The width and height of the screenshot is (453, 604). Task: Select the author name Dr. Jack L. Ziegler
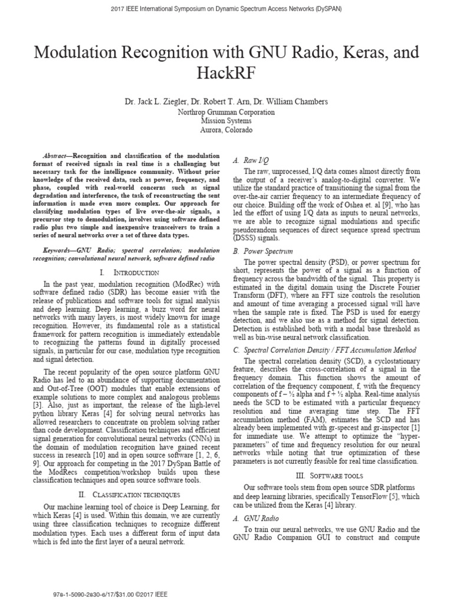point(158,102)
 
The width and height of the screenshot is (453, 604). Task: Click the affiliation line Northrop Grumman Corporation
point(226,112)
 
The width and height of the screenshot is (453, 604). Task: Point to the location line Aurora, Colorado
point(226,129)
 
